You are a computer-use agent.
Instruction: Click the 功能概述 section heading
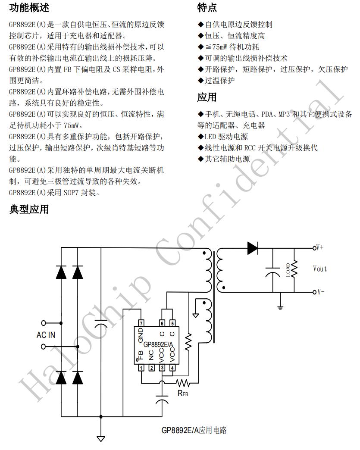coord(29,7)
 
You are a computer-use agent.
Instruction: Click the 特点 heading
coord(207,7)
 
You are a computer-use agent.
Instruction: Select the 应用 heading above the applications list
coord(207,97)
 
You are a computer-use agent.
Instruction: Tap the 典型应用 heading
coord(29,209)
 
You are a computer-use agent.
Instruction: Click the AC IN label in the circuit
coord(46,335)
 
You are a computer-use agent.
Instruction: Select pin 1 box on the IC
coord(141,368)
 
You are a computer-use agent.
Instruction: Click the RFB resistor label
coord(183,393)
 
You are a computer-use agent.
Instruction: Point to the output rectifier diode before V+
coord(253,248)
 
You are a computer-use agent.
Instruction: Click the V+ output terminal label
coord(320,248)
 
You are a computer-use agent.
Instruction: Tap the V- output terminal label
coord(320,292)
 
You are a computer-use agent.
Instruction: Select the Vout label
coord(320,269)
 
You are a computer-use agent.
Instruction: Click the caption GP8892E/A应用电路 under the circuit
coord(194,430)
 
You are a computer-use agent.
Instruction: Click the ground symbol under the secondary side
coord(281,307)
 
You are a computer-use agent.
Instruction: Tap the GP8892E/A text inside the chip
coord(159,344)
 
